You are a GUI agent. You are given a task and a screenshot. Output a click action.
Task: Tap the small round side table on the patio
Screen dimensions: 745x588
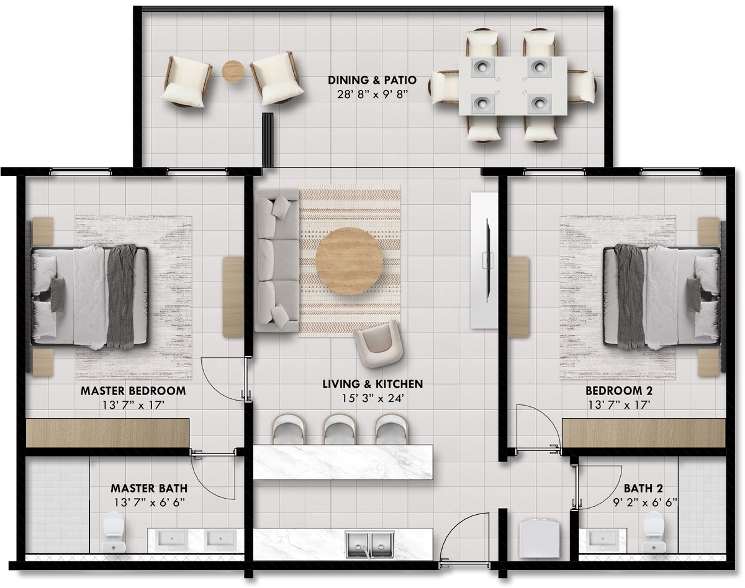click(233, 71)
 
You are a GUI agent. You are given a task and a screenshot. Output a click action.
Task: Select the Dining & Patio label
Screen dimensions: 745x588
click(372, 80)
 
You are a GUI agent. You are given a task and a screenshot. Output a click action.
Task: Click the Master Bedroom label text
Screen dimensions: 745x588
click(133, 391)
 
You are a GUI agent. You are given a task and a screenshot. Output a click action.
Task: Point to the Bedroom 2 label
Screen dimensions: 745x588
click(619, 391)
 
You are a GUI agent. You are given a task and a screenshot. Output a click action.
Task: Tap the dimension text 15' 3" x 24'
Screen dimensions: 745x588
click(372, 398)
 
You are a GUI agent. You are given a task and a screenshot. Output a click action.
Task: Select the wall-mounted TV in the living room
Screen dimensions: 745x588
click(487, 260)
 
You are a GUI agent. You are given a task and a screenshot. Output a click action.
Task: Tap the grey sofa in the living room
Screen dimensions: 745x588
click(277, 261)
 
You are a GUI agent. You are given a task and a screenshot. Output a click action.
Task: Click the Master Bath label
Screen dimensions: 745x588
click(149, 488)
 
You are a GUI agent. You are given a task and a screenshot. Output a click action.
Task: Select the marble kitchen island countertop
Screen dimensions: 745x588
click(343, 462)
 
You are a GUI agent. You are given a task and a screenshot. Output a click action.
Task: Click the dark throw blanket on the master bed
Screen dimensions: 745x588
click(121, 296)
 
